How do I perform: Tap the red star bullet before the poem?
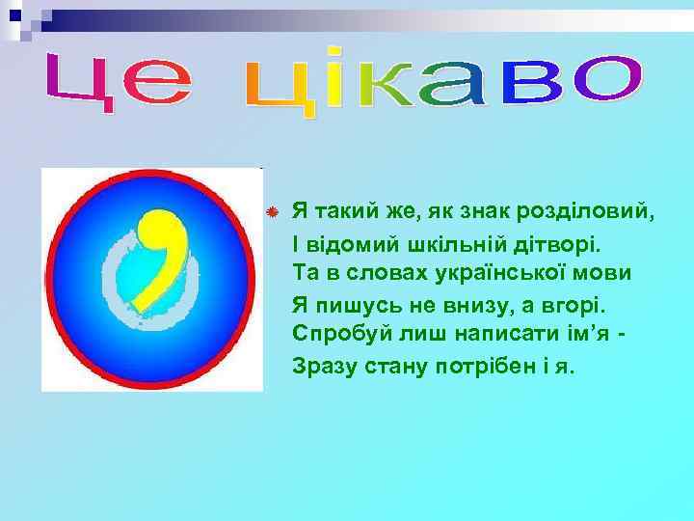click(x=273, y=210)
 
